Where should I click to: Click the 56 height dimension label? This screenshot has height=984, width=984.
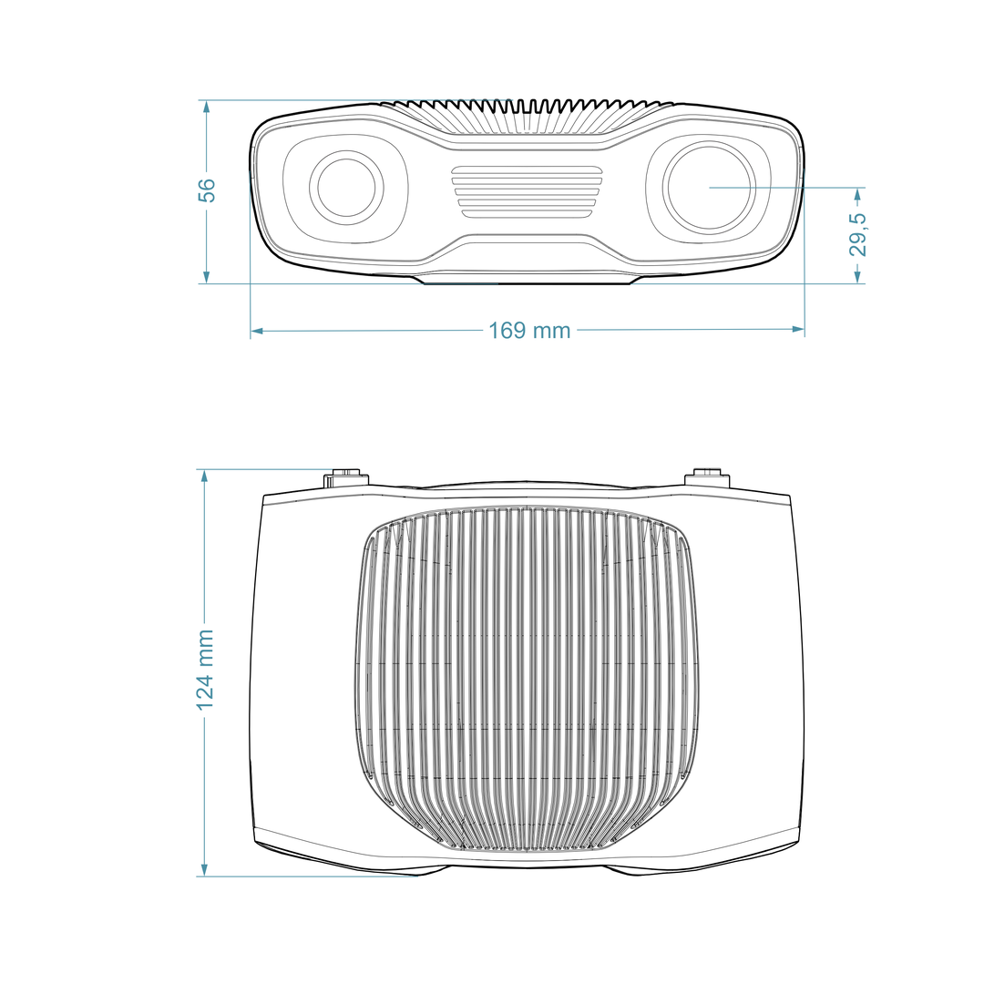point(207,190)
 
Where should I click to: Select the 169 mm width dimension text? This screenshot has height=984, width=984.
point(529,330)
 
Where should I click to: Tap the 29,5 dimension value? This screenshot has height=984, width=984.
point(858,235)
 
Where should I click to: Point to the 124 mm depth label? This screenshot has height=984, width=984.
point(205,670)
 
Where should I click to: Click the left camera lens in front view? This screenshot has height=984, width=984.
point(346,187)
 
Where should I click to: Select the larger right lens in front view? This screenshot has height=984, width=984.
point(709,187)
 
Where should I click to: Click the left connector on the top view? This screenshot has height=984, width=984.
point(345,477)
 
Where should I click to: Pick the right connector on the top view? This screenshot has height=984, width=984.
point(707,477)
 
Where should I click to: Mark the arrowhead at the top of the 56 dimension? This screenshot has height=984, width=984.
point(207,107)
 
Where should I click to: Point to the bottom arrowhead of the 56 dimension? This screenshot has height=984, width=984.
point(207,277)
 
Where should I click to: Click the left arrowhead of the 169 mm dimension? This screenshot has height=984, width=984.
point(257,330)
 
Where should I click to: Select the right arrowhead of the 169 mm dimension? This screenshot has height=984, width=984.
point(797,329)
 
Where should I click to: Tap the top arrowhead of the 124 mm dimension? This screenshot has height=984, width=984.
point(204,477)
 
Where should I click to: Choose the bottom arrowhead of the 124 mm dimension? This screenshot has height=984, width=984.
point(204,869)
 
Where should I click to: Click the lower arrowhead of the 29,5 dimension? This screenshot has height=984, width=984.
point(858,277)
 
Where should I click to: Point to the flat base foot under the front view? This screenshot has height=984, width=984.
point(528,280)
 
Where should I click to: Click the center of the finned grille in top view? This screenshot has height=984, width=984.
point(527,679)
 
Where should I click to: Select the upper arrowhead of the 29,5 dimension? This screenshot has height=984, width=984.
point(858,195)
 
